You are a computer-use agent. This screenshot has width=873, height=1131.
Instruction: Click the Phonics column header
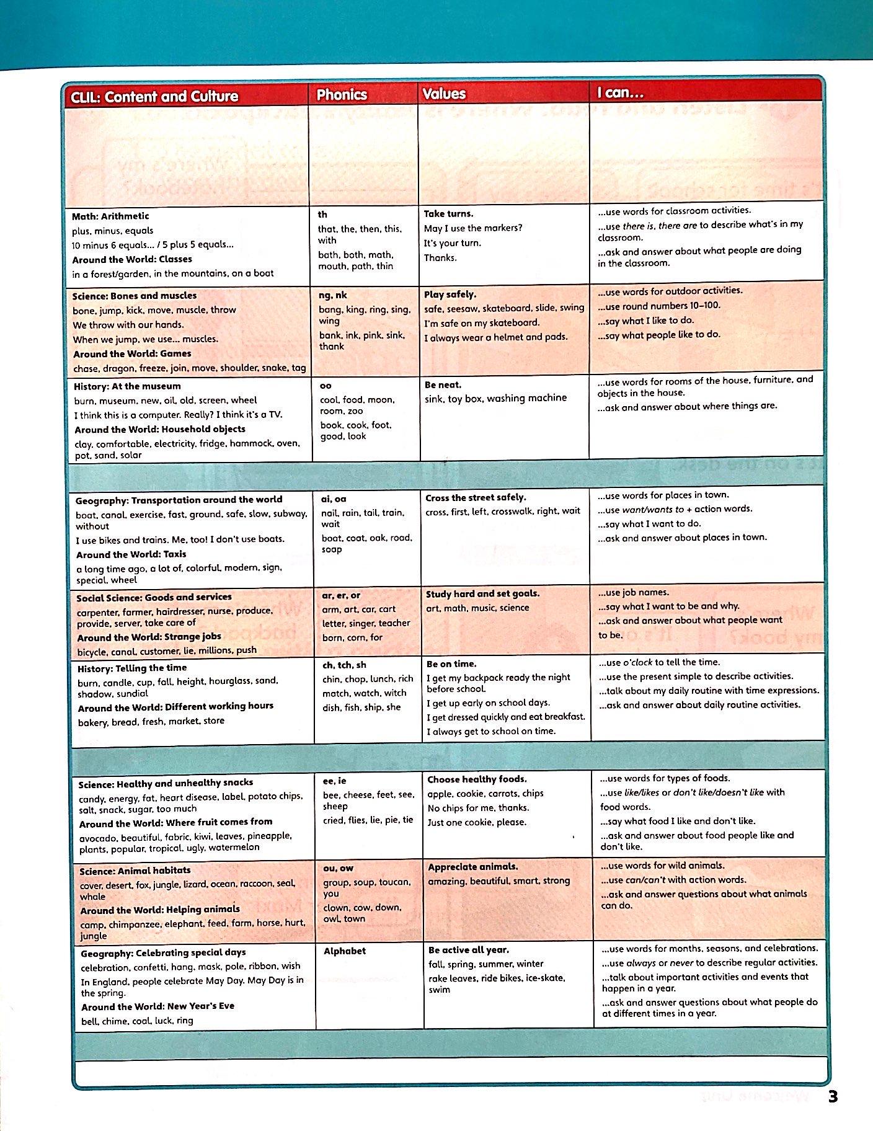[342, 94]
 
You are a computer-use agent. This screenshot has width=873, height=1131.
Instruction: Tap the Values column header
[443, 94]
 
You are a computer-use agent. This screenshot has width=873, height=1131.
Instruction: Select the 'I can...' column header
[620, 93]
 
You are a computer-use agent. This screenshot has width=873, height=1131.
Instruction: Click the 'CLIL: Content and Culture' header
[154, 96]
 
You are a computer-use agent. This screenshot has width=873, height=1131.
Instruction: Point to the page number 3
[833, 1096]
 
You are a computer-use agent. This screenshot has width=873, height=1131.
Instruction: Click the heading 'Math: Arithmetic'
[110, 216]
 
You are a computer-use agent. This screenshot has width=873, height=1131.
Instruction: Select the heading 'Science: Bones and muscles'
[135, 296]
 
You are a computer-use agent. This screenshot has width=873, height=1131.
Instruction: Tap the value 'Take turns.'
[448, 213]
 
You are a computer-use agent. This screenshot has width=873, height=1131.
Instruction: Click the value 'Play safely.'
[450, 294]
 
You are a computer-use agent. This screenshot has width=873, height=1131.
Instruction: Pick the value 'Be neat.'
[443, 384]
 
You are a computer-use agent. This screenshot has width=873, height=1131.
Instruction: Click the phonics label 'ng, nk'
[333, 295]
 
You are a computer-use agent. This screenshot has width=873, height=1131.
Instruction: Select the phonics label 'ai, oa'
[334, 499]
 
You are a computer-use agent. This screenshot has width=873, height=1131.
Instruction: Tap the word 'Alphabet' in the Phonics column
[345, 951]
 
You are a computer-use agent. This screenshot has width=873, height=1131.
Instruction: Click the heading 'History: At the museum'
[127, 386]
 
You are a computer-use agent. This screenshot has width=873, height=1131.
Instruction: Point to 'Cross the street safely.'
[476, 497]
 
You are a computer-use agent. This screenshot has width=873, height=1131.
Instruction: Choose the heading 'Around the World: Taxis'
[131, 554]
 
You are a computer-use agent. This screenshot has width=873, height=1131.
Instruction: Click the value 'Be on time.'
[451, 663]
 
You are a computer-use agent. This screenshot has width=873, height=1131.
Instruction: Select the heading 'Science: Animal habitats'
[135, 871]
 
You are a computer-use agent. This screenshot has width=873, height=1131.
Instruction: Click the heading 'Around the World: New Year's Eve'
[157, 1006]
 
